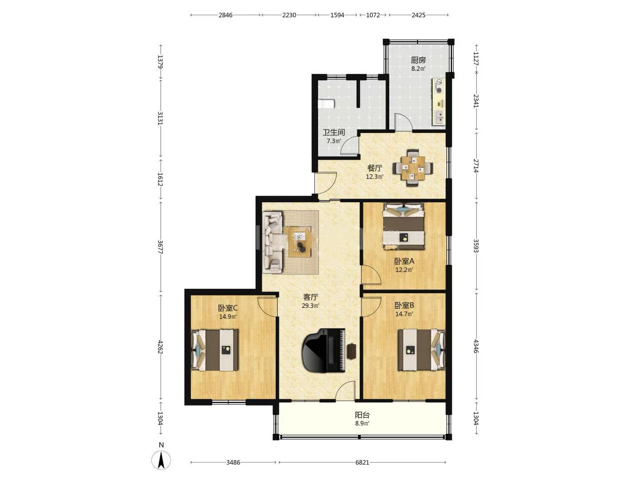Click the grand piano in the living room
click(x=324, y=350)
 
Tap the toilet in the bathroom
click(x=326, y=104)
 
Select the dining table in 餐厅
click(x=413, y=168)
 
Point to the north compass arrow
click(x=161, y=460)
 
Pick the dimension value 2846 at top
click(x=225, y=15)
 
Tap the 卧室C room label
click(x=228, y=308)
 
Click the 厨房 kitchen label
click(x=418, y=60)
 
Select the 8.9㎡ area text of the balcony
click(x=362, y=424)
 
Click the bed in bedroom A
click(x=403, y=226)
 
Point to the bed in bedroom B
click(x=422, y=350)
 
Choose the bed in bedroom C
click(x=214, y=350)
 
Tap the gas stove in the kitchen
click(x=439, y=86)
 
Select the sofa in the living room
click(x=273, y=242)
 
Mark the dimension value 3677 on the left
click(x=160, y=247)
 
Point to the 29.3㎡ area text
click(x=311, y=306)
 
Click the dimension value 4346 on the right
click(x=476, y=346)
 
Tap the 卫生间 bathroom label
click(x=334, y=132)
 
